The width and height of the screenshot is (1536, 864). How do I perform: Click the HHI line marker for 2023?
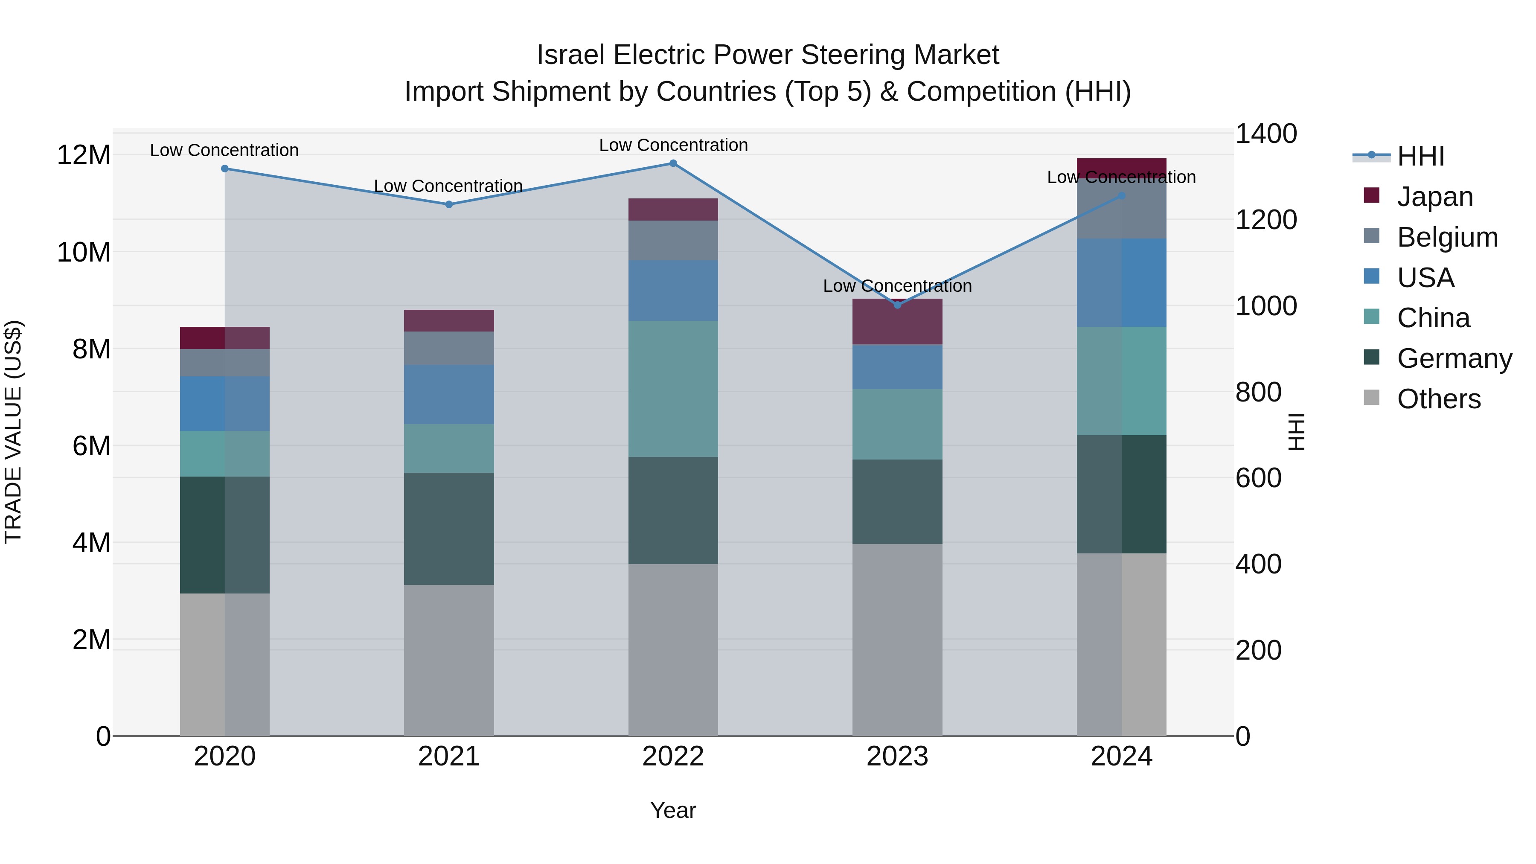[x=897, y=305]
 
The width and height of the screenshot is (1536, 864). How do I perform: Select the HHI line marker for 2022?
[x=673, y=163]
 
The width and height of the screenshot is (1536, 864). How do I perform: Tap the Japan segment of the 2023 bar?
[x=897, y=322]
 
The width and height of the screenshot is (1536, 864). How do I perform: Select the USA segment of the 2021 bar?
[x=449, y=394]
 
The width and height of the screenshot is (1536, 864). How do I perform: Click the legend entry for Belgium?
[x=1447, y=237]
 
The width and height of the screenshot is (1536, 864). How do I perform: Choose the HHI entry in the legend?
[x=1420, y=156]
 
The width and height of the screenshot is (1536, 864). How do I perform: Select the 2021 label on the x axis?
[x=449, y=756]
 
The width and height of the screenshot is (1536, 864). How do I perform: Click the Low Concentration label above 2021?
[x=448, y=186]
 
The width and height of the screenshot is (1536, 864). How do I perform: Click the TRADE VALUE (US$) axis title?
[x=13, y=432]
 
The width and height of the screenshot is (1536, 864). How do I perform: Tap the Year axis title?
[x=673, y=810]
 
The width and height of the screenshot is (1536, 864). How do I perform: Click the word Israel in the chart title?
[x=571, y=55]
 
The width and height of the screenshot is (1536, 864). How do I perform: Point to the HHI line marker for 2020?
[x=225, y=169]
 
